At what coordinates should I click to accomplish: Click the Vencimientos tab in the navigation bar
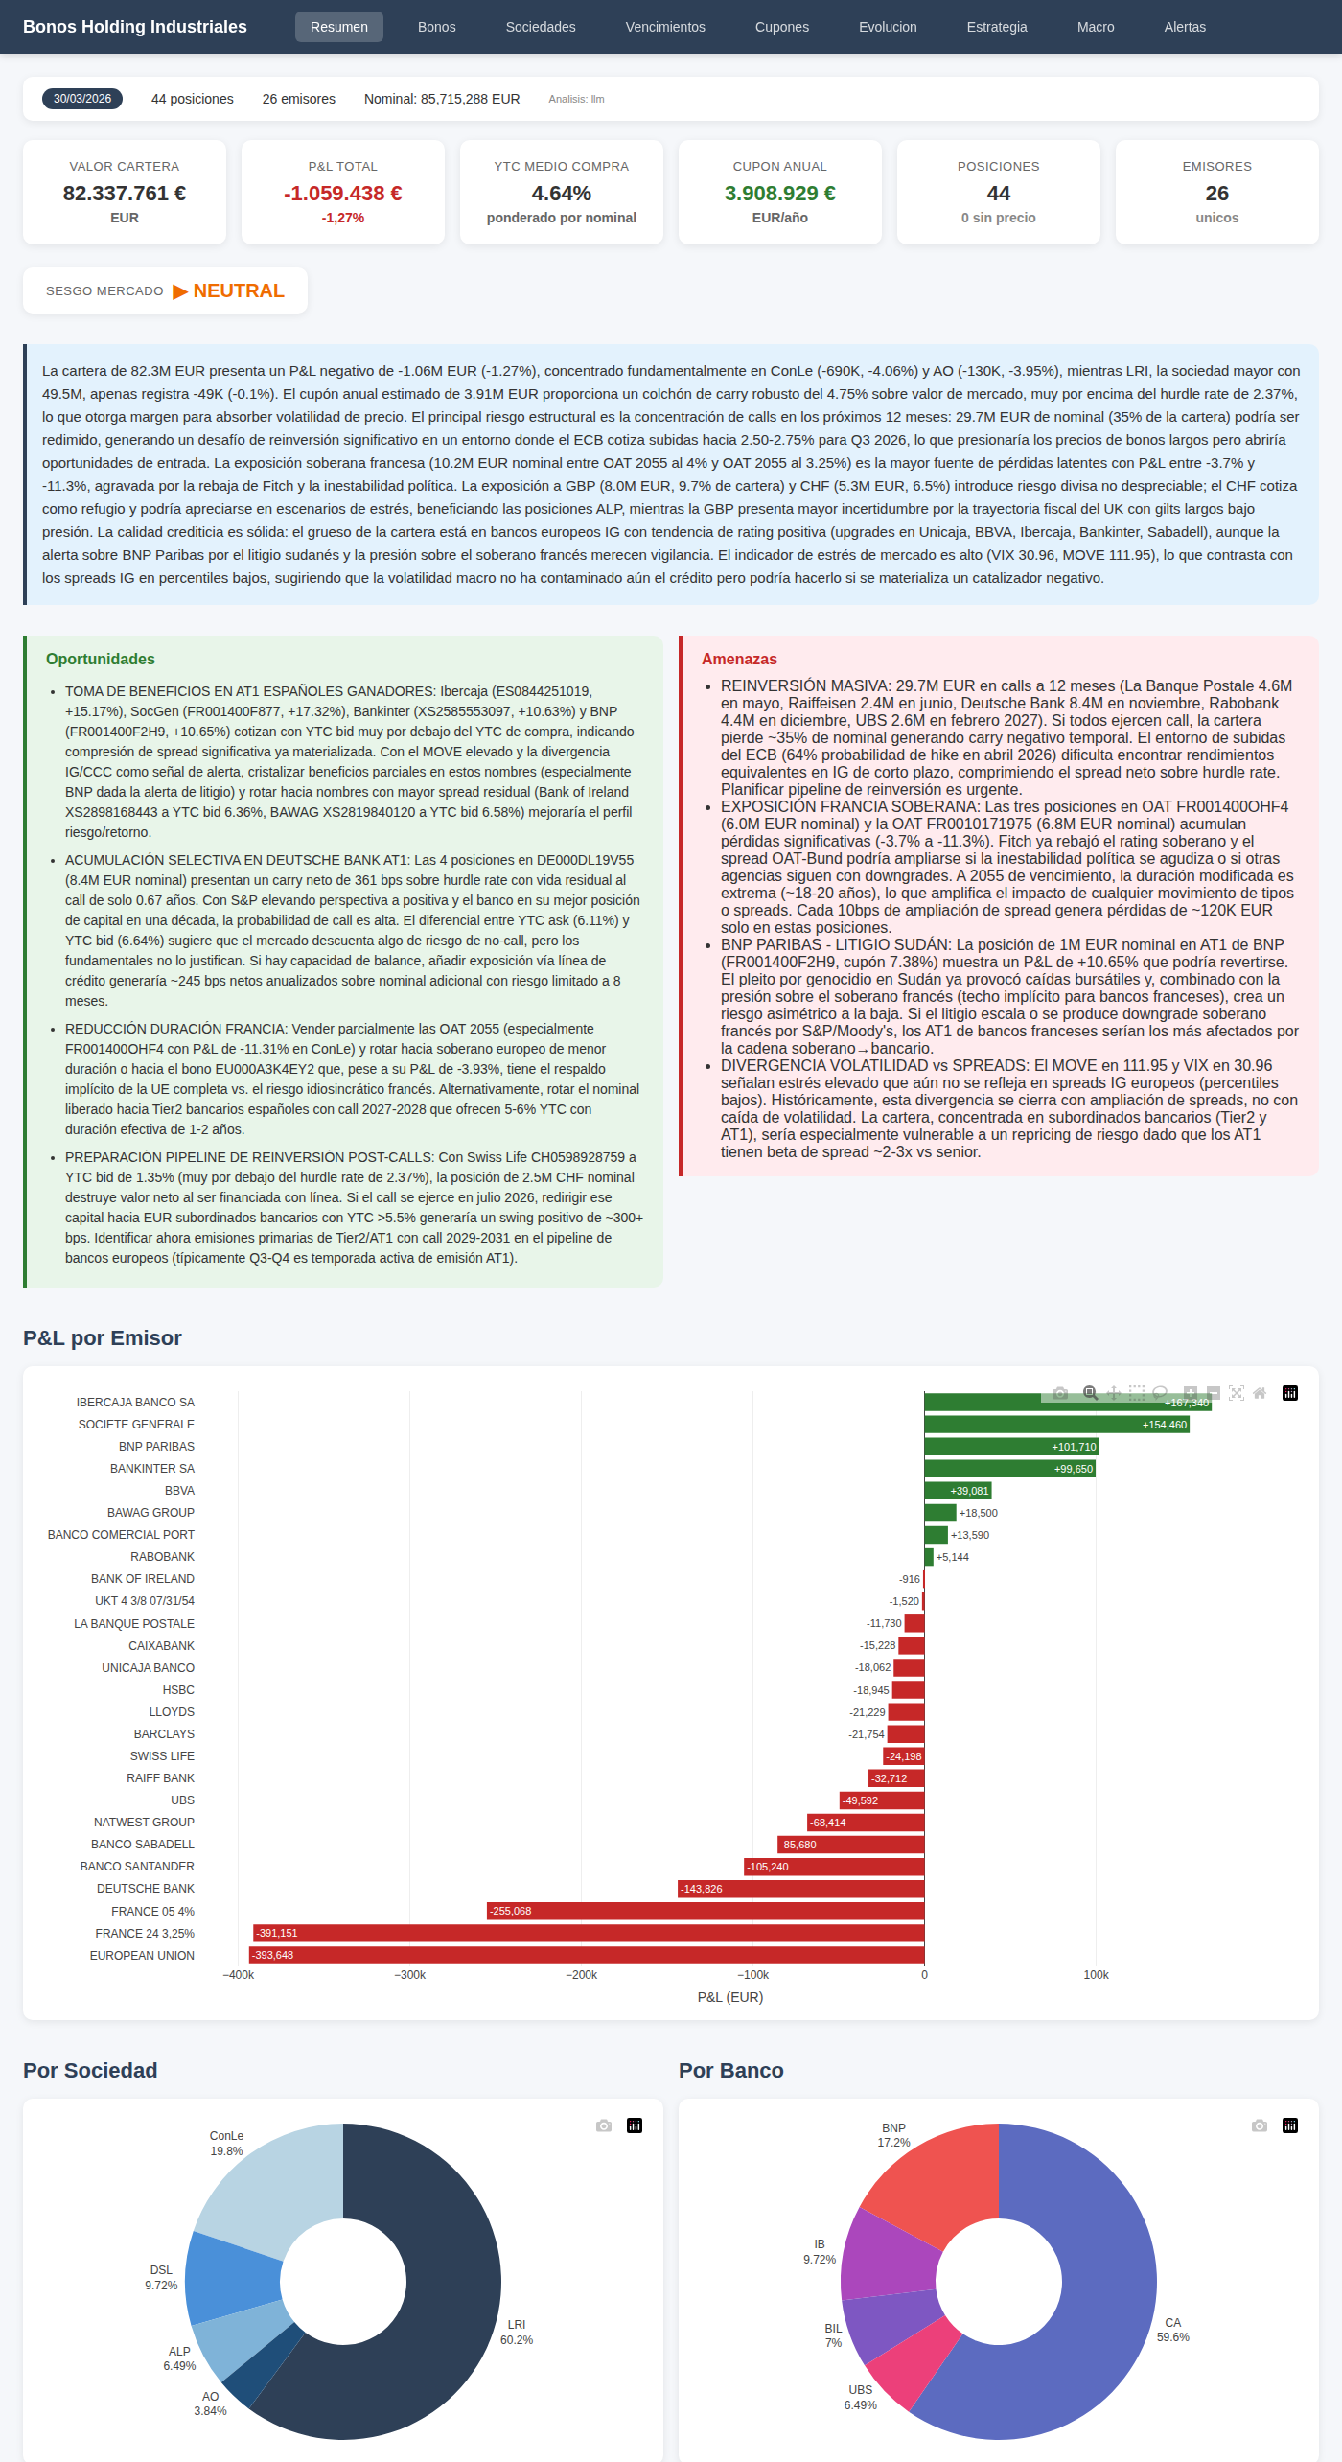[664, 27]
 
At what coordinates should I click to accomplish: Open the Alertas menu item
[1185, 27]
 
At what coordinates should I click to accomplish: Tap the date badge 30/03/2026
[82, 99]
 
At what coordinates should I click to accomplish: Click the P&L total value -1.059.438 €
[342, 194]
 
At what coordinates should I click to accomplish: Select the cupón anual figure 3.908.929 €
[779, 194]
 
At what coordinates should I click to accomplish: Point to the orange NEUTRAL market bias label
[239, 290]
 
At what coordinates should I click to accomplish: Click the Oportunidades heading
[100, 659]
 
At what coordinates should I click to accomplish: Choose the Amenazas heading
[739, 659]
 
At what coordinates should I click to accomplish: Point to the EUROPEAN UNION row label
[142, 1955]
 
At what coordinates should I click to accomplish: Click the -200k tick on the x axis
[582, 1974]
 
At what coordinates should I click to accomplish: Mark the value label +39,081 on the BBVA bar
[968, 1491]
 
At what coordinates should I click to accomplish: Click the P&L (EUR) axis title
[729, 1997]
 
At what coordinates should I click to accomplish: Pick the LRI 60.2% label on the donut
[517, 2332]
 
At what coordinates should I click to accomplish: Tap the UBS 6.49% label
[861, 2397]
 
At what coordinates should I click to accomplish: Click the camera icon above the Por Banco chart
[1259, 2125]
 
